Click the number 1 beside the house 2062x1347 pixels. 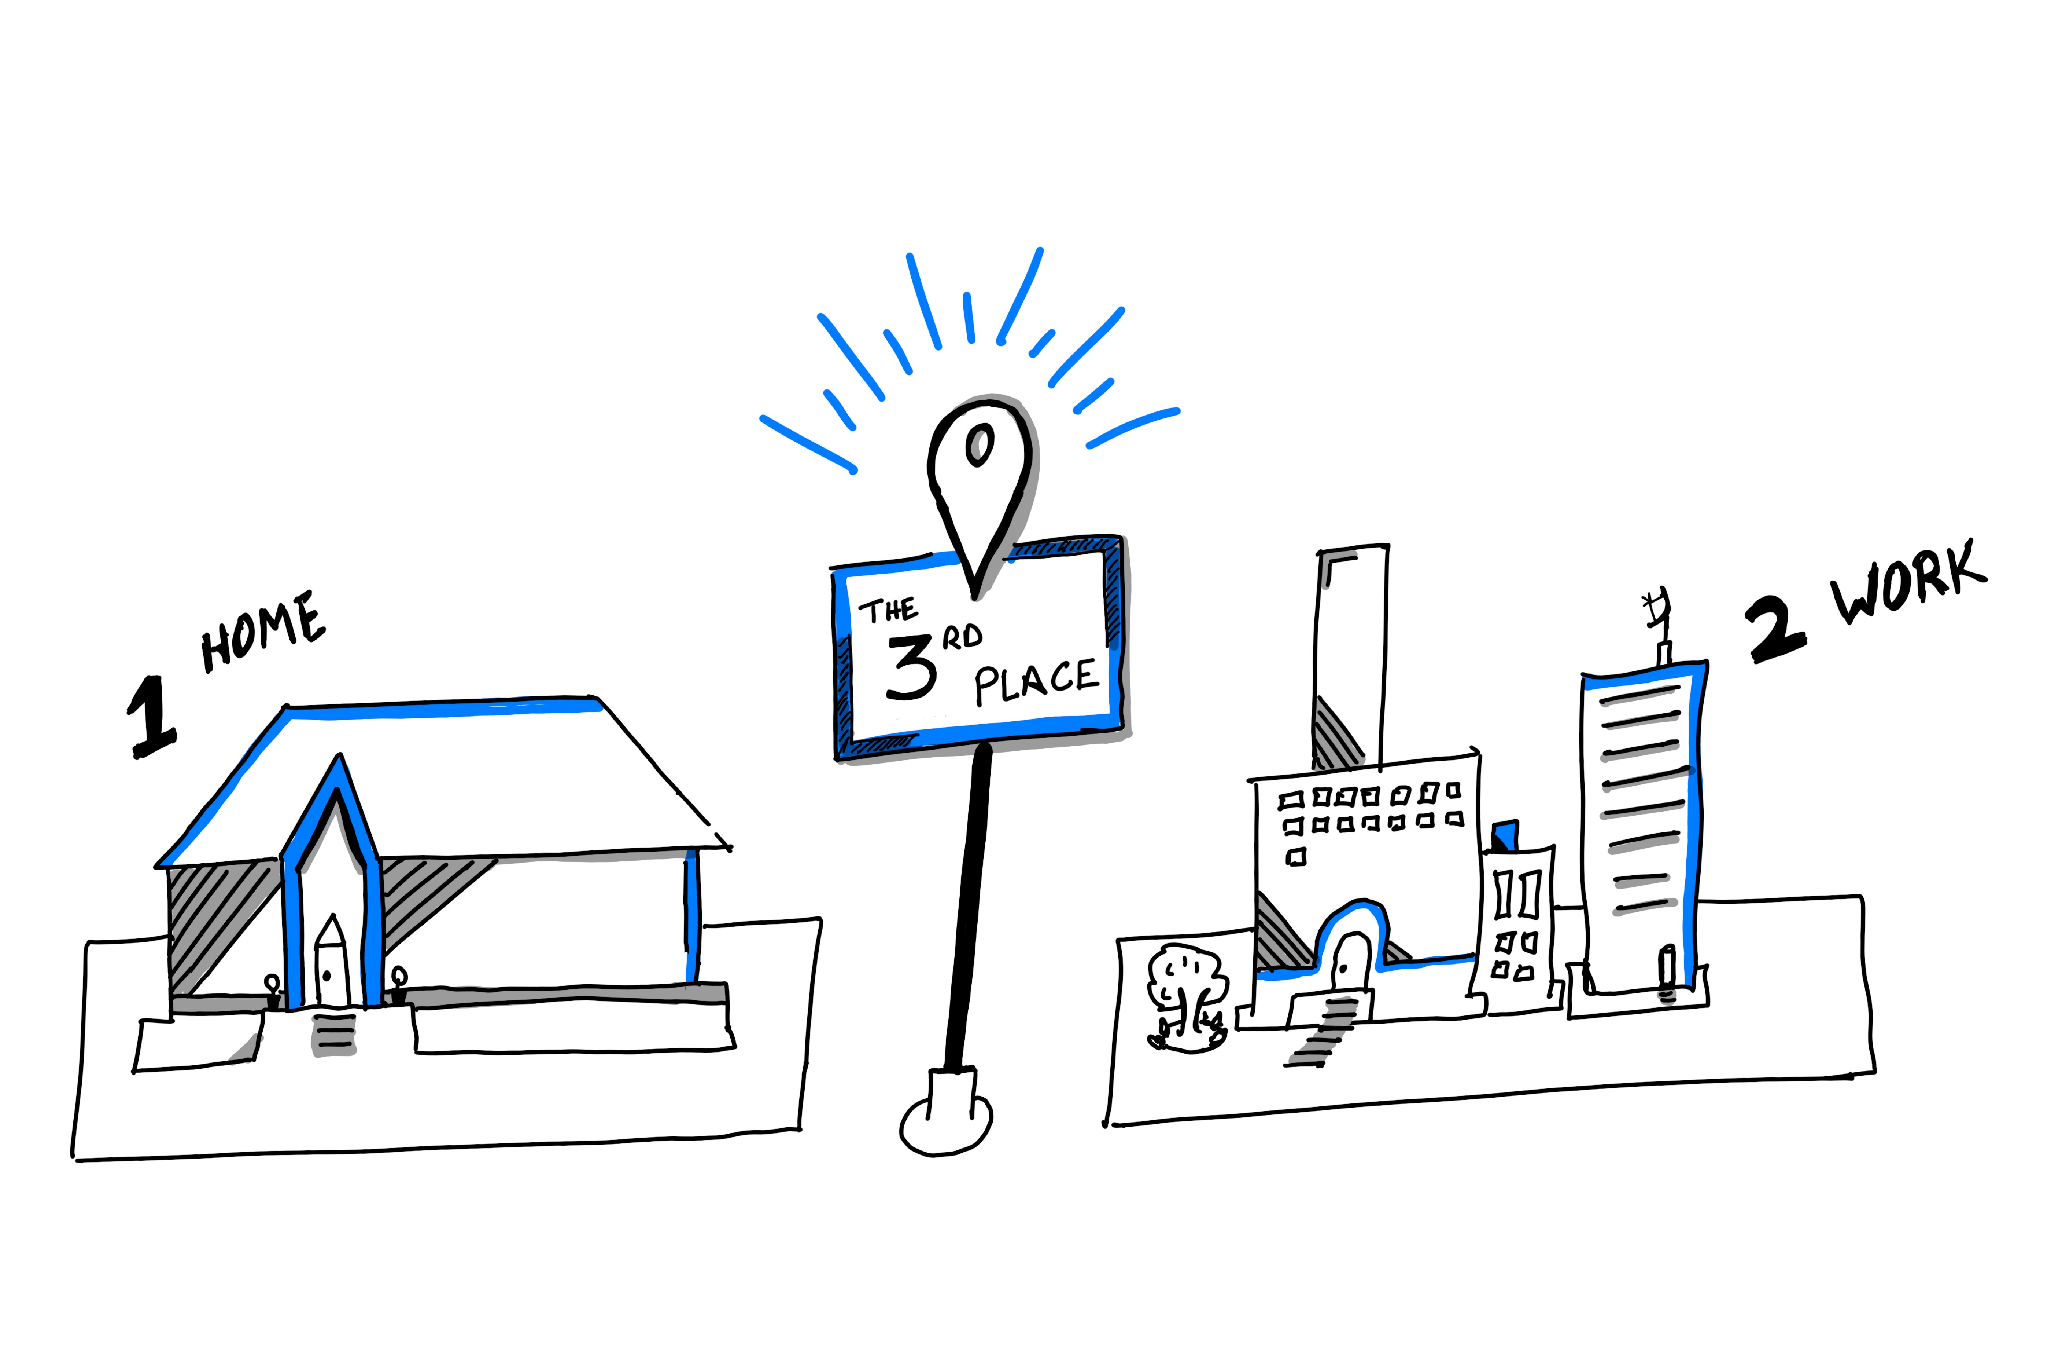pyautogui.click(x=152, y=716)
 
